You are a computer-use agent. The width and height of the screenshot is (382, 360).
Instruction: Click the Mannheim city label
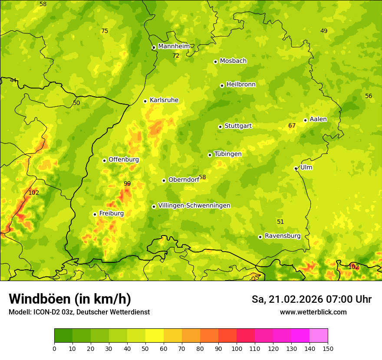click(174, 46)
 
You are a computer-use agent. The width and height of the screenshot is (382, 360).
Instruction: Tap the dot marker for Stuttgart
click(220, 127)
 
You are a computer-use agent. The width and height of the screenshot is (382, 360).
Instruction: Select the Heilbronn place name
click(241, 85)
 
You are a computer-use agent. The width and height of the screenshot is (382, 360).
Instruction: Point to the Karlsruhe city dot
click(145, 101)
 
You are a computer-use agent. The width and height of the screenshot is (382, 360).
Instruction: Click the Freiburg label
click(111, 213)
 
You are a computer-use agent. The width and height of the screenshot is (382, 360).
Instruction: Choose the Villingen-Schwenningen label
click(194, 206)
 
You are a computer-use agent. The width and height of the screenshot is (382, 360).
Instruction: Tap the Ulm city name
click(306, 167)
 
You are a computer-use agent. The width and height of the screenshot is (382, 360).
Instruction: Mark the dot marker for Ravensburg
click(260, 237)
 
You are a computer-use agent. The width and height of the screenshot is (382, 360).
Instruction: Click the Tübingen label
click(227, 154)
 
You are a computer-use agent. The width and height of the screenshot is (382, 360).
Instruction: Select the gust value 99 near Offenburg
click(127, 183)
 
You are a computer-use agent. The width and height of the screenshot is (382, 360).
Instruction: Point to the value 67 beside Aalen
click(292, 126)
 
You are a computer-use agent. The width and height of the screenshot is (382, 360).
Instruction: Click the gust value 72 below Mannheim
click(176, 56)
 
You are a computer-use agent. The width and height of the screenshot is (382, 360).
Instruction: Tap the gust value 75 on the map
click(105, 31)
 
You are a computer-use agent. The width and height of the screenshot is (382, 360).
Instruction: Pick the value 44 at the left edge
click(13, 80)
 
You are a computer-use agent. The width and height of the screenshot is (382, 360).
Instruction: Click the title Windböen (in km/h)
click(70, 299)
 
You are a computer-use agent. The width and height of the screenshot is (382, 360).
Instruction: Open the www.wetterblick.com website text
click(313, 312)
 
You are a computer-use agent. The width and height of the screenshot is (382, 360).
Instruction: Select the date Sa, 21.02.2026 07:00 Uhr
click(311, 299)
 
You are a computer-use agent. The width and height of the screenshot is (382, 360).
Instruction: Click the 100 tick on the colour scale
click(237, 349)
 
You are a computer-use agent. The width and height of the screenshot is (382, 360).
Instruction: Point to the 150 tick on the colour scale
click(328, 349)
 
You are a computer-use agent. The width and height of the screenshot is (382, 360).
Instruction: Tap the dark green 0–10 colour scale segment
click(63, 335)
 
